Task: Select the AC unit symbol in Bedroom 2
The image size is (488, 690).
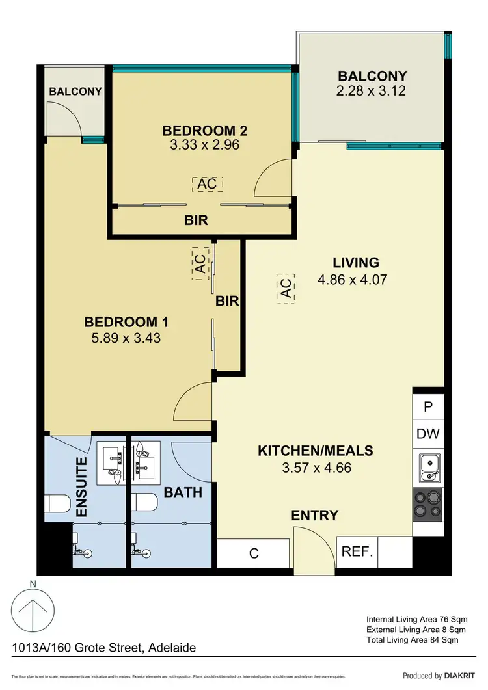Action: click(207, 184)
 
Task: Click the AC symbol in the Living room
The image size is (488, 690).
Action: click(286, 287)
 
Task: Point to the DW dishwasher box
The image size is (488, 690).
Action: click(428, 434)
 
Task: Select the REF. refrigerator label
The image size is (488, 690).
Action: click(356, 552)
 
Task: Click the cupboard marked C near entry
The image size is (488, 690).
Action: click(254, 553)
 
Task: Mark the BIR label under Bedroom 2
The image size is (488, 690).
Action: click(196, 220)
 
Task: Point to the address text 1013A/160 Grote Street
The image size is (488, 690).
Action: click(104, 648)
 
